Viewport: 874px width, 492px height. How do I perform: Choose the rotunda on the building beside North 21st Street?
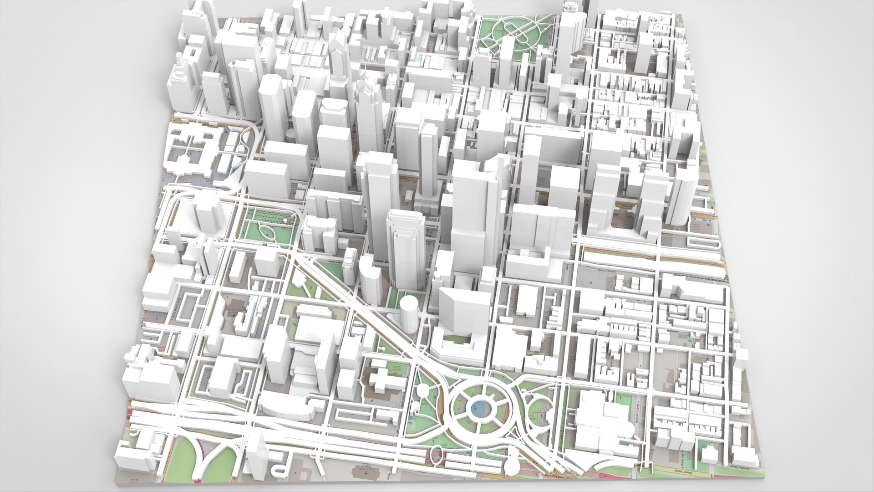627,429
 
